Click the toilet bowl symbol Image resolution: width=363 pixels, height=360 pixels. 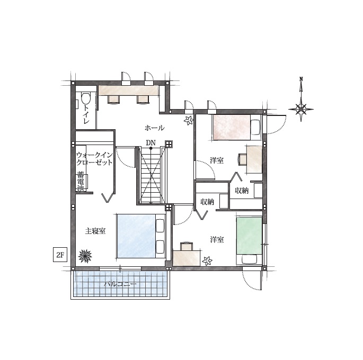pyautogui.click(x=85, y=98)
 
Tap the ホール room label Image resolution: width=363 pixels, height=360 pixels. pyautogui.click(x=155, y=128)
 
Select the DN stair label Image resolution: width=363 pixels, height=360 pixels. pyautogui.click(x=150, y=142)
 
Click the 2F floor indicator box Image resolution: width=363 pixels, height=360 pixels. pyautogui.click(x=60, y=255)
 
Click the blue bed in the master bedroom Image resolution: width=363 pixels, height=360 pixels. pyautogui.click(x=141, y=236)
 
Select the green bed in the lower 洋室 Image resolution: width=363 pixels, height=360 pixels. pyautogui.click(x=249, y=241)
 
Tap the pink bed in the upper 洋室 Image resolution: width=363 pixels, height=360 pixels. pyautogui.click(x=237, y=128)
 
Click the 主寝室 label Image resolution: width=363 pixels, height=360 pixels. pyautogui.click(x=95, y=231)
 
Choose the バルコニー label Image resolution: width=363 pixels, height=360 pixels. pyautogui.click(x=120, y=284)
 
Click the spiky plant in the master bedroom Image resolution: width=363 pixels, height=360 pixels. pyautogui.click(x=85, y=256)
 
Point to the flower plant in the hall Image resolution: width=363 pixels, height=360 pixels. pyautogui.click(x=189, y=120)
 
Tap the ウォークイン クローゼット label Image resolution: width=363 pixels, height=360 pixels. pyautogui.click(x=94, y=158)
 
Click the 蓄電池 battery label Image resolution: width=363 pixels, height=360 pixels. pyautogui.click(x=81, y=181)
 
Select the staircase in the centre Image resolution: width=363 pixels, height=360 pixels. pyautogui.click(x=151, y=175)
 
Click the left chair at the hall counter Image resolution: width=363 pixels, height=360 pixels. pyautogui.click(x=113, y=100)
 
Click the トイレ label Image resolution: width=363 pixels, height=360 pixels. pyautogui.click(x=86, y=114)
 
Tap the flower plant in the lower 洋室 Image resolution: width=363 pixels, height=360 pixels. pyautogui.click(x=207, y=261)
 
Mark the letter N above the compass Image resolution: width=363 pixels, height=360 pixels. pyautogui.click(x=301, y=79)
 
